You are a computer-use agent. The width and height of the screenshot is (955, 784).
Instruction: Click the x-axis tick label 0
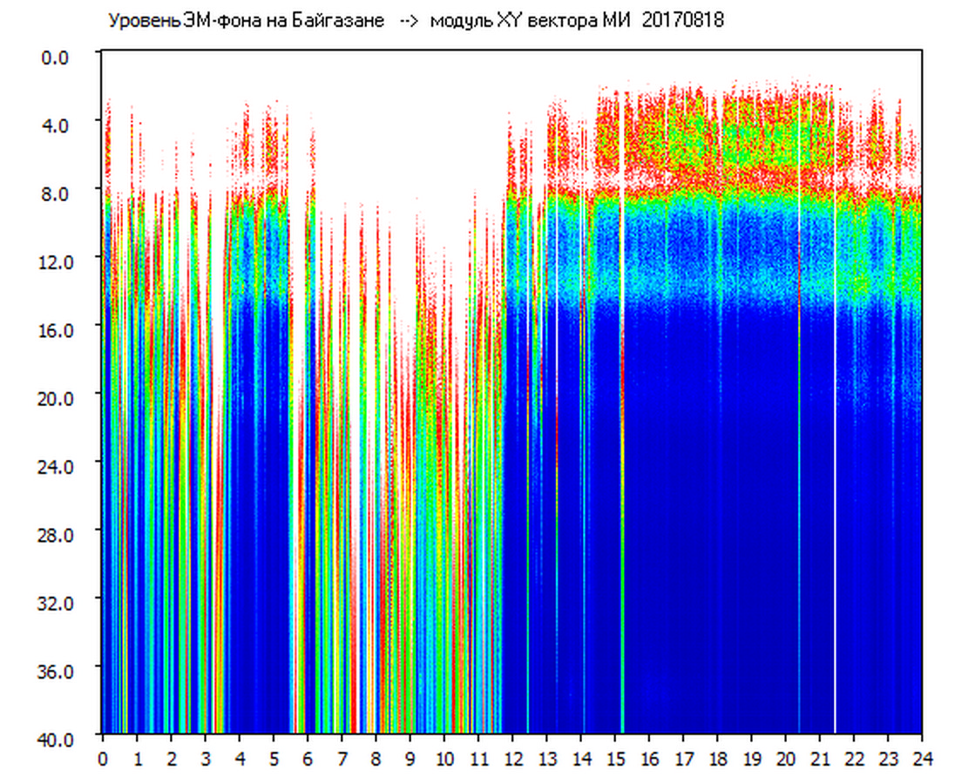tap(103, 758)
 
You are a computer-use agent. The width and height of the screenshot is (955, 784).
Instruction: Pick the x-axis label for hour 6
tap(308, 758)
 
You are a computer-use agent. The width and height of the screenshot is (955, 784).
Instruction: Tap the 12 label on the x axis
tap(512, 758)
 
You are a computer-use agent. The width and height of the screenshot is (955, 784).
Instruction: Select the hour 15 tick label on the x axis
tap(615, 758)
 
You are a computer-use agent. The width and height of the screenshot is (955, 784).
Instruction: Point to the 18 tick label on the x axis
tap(717, 758)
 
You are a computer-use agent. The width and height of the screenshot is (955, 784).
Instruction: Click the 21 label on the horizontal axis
tap(820, 758)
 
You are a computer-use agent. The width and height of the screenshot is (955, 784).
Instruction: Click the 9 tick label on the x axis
tap(410, 758)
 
